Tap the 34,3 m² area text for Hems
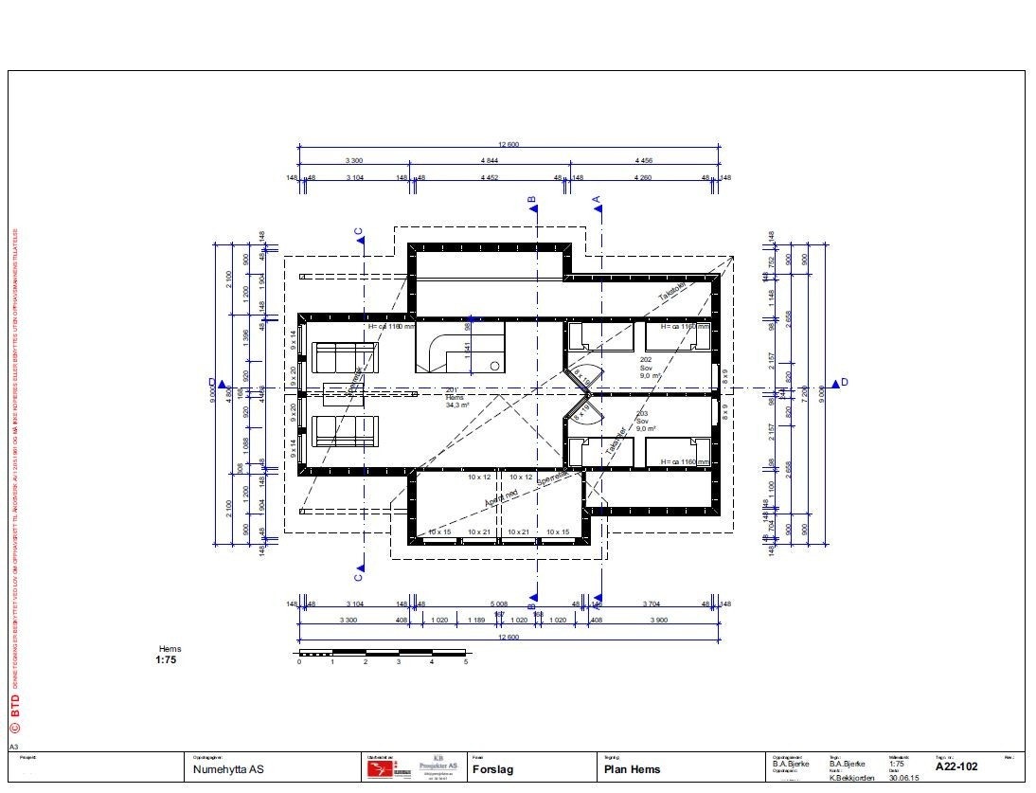click(458, 406)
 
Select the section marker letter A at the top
click(597, 200)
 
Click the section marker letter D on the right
click(845, 382)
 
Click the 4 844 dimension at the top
click(490, 162)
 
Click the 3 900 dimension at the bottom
click(656, 620)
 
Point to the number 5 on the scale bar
click(466, 662)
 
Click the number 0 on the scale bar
click(299, 662)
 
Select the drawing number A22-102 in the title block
click(956, 766)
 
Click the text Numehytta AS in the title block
click(227, 770)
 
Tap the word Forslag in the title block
click(492, 770)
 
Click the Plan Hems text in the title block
click(633, 769)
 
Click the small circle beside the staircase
click(493, 365)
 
